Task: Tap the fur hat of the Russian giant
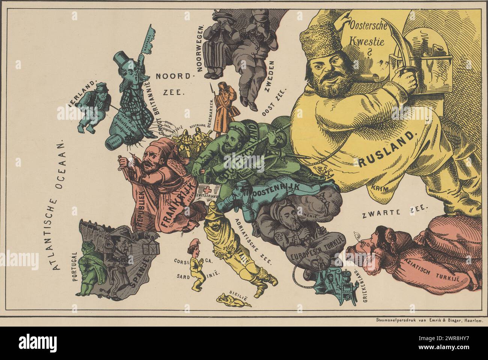323,41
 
